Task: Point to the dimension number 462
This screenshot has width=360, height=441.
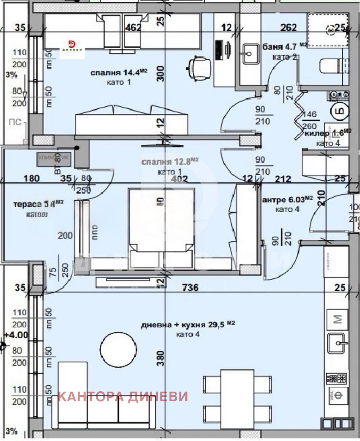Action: pyautogui.click(x=133, y=28)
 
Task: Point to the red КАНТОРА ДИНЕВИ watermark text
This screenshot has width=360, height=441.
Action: pyautogui.click(x=123, y=396)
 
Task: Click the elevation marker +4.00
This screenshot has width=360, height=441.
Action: pyautogui.click(x=15, y=335)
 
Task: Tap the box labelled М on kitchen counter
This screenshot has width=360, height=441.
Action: pyautogui.click(x=336, y=318)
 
